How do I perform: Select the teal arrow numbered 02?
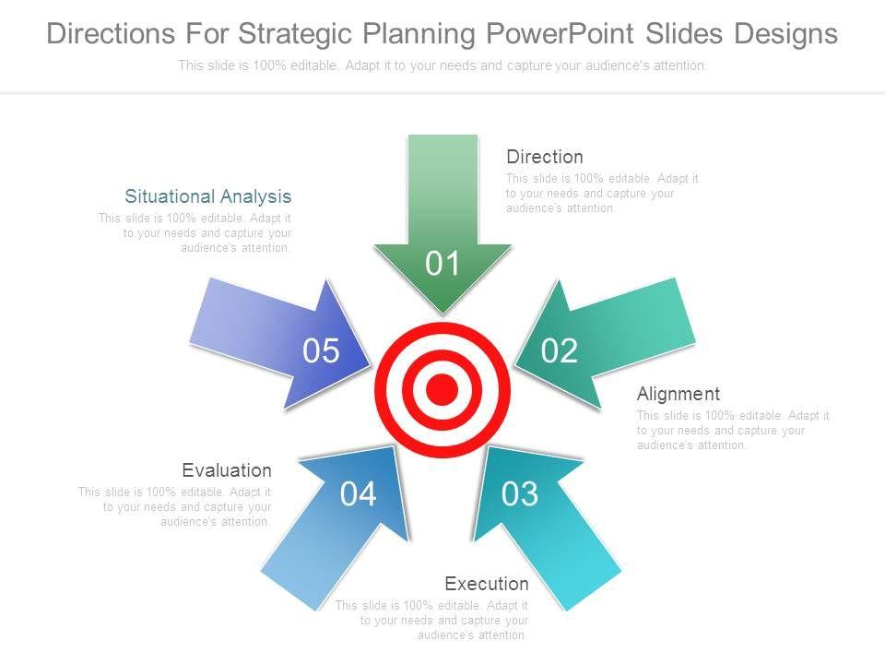[x=604, y=344]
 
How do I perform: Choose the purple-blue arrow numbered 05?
[x=282, y=344]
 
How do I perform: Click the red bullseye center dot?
[x=442, y=389]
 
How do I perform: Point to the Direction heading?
[x=545, y=157]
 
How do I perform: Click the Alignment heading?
[x=678, y=394]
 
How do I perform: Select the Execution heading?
[x=487, y=583]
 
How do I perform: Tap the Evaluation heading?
[x=227, y=470]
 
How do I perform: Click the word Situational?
[x=170, y=196]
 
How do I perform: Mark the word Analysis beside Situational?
[x=255, y=196]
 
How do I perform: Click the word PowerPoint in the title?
[x=560, y=33]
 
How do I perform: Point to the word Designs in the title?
[x=785, y=34]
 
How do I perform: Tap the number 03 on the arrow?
[x=520, y=493]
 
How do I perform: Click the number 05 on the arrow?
[x=321, y=350]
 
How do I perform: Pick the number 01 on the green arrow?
[x=442, y=263]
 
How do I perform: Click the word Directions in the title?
[x=111, y=33]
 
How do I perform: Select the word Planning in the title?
[x=419, y=34]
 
